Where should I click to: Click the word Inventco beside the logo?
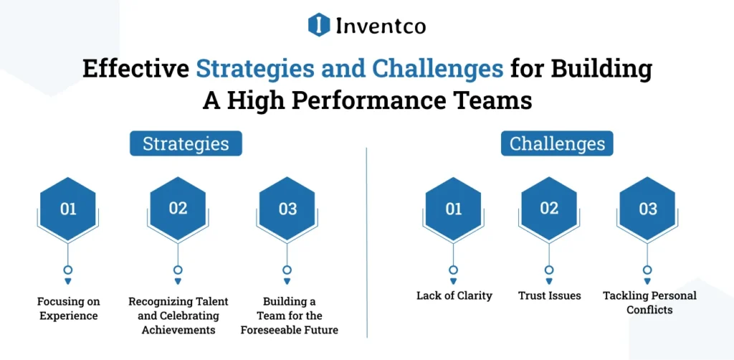pyautogui.click(x=380, y=27)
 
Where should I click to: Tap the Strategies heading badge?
pyautogui.click(x=186, y=143)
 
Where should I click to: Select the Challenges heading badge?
pyautogui.click(x=557, y=143)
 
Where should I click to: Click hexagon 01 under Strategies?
pyautogui.click(x=68, y=209)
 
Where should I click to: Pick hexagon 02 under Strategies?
pyautogui.click(x=178, y=209)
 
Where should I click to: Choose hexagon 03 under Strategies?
pyautogui.click(x=287, y=209)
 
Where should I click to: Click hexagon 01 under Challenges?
pyautogui.click(x=454, y=209)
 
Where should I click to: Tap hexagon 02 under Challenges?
pyautogui.click(x=549, y=209)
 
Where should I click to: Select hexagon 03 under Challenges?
pyautogui.click(x=647, y=209)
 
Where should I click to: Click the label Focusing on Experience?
pyautogui.click(x=68, y=308)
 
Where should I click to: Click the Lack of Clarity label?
pyautogui.click(x=454, y=295)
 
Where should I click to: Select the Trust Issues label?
pyautogui.click(x=549, y=295)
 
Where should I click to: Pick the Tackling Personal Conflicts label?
pyautogui.click(x=649, y=303)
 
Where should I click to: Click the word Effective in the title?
pyautogui.click(x=135, y=70)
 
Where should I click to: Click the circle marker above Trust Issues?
pyautogui.click(x=549, y=270)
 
